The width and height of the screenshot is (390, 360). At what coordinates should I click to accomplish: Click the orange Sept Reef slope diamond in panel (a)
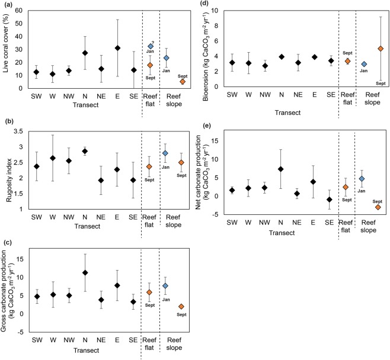tap(183, 82)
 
